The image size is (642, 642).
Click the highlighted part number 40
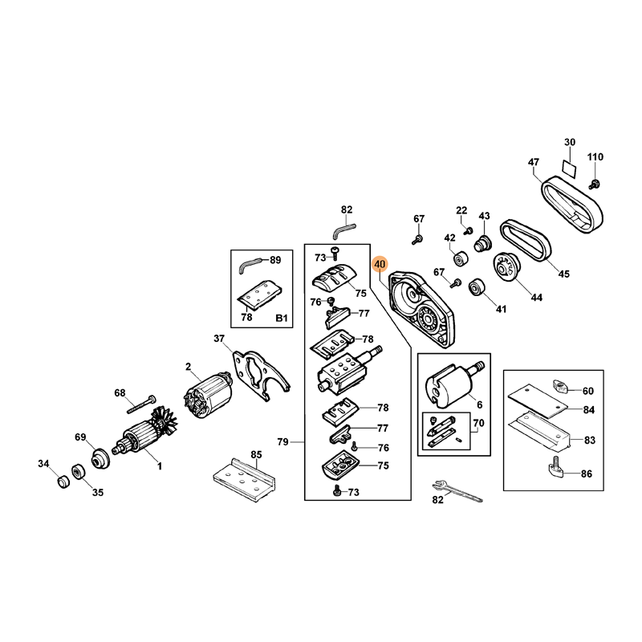pos(380,265)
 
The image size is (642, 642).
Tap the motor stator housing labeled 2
pos(208,396)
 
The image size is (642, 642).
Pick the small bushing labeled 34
pos(63,481)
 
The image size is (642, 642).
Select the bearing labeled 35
pos(78,472)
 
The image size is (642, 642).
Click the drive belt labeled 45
pos(526,240)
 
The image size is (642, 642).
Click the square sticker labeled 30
pos(570,169)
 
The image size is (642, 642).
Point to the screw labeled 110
pos(593,184)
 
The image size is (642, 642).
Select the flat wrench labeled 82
pos(457,490)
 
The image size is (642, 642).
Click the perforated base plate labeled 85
pos(244,480)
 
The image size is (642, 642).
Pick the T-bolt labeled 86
pos(555,468)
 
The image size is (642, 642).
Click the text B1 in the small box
pos(282,318)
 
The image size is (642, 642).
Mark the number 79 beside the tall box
pos(283,442)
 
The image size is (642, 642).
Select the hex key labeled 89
pos(250,265)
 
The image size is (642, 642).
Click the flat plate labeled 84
pos(538,400)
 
